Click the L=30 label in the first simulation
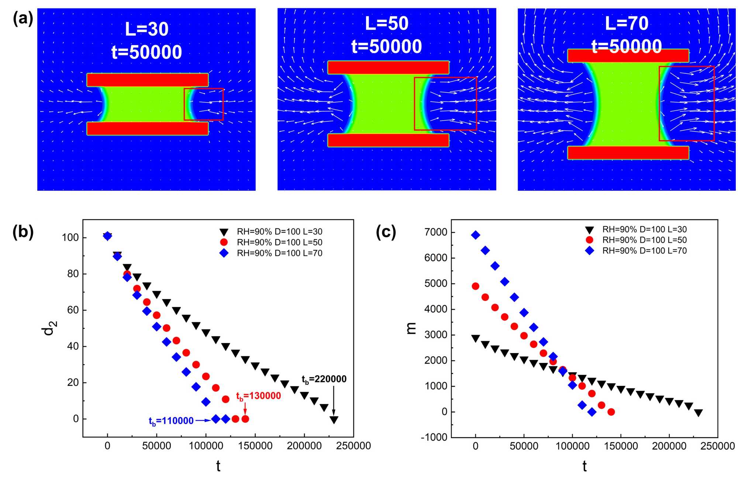[x=146, y=29]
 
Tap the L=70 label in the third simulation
[x=627, y=24]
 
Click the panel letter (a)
[x=23, y=18]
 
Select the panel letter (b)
[x=23, y=232]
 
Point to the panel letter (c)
[x=386, y=232]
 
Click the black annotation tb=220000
[x=324, y=379]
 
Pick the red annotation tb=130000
[x=258, y=396]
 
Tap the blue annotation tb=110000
[x=171, y=421]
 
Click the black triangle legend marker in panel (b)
[x=224, y=232]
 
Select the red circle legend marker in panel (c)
[x=590, y=240]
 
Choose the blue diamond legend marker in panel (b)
[x=224, y=253]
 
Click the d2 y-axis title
[x=49, y=328]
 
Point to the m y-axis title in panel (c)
[x=411, y=328]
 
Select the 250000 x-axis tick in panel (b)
[x=353, y=446]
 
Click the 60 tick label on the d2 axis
[x=73, y=310]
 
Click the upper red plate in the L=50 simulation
[x=388, y=68]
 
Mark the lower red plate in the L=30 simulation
[x=148, y=128]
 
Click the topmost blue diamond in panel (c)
[x=476, y=235]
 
